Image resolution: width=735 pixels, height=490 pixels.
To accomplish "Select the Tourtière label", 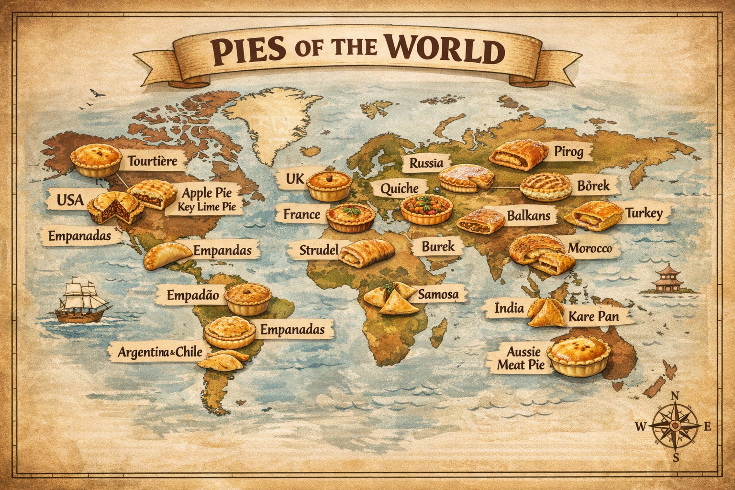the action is point(152,161).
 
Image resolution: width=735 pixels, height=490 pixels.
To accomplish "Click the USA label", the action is point(70,200).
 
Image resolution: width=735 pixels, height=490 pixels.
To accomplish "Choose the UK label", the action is point(295,179).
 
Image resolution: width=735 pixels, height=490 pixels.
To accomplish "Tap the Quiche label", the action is point(399,189).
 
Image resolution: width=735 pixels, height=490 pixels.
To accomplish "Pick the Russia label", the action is point(426,163).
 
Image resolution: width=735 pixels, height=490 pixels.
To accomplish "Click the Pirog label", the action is point(568,152).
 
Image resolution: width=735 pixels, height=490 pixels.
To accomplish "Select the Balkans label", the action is point(528,216).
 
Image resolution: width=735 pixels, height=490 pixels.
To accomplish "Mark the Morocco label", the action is point(590,248).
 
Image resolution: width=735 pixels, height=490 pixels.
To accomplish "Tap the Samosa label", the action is point(438,294).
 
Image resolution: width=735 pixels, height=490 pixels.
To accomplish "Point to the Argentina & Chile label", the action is point(160,353).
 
